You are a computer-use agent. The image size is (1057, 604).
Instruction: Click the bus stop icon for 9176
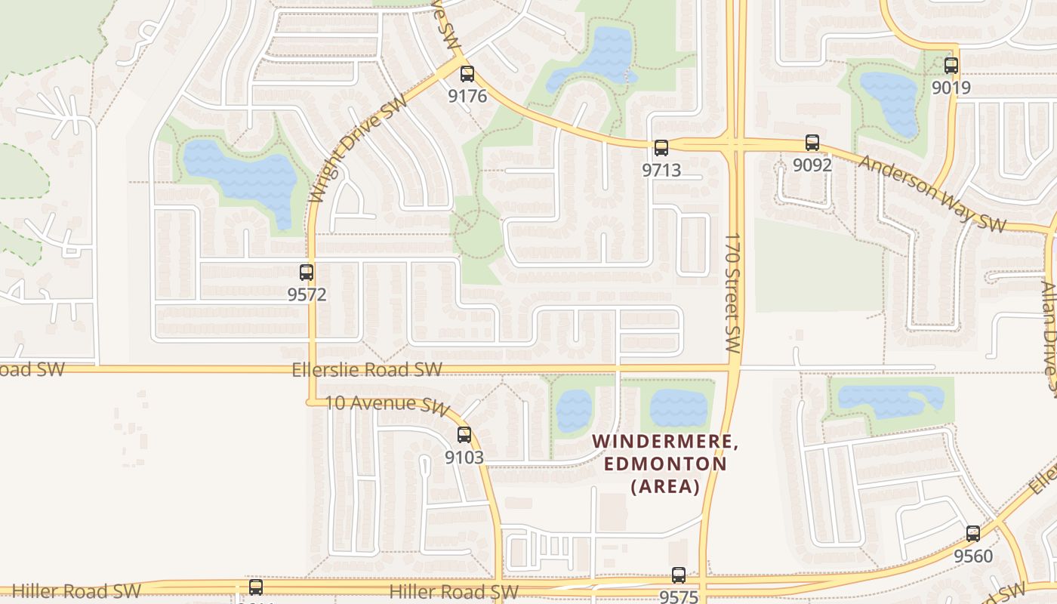tap(467, 74)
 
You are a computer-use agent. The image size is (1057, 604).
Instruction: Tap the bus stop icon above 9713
tap(661, 148)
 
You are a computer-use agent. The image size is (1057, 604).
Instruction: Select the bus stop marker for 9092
tap(812, 143)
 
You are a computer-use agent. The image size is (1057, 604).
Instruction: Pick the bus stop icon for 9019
tap(951, 66)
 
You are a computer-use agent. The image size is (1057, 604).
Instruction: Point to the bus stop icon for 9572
tap(307, 273)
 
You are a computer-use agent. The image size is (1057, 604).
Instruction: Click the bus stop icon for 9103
tap(464, 435)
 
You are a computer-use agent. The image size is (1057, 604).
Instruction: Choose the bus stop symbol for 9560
tap(973, 534)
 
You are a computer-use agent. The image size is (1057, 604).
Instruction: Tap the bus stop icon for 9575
tap(679, 575)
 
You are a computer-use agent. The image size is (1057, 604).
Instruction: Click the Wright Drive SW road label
tap(358, 149)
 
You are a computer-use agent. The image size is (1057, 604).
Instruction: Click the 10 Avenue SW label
tap(387, 405)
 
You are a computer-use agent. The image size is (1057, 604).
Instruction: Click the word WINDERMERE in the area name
tap(665, 442)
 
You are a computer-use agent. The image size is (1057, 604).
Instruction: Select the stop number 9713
tap(661, 171)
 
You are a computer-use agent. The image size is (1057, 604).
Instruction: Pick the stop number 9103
tap(464, 458)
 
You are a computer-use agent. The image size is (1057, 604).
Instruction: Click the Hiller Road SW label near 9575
tap(454, 591)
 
